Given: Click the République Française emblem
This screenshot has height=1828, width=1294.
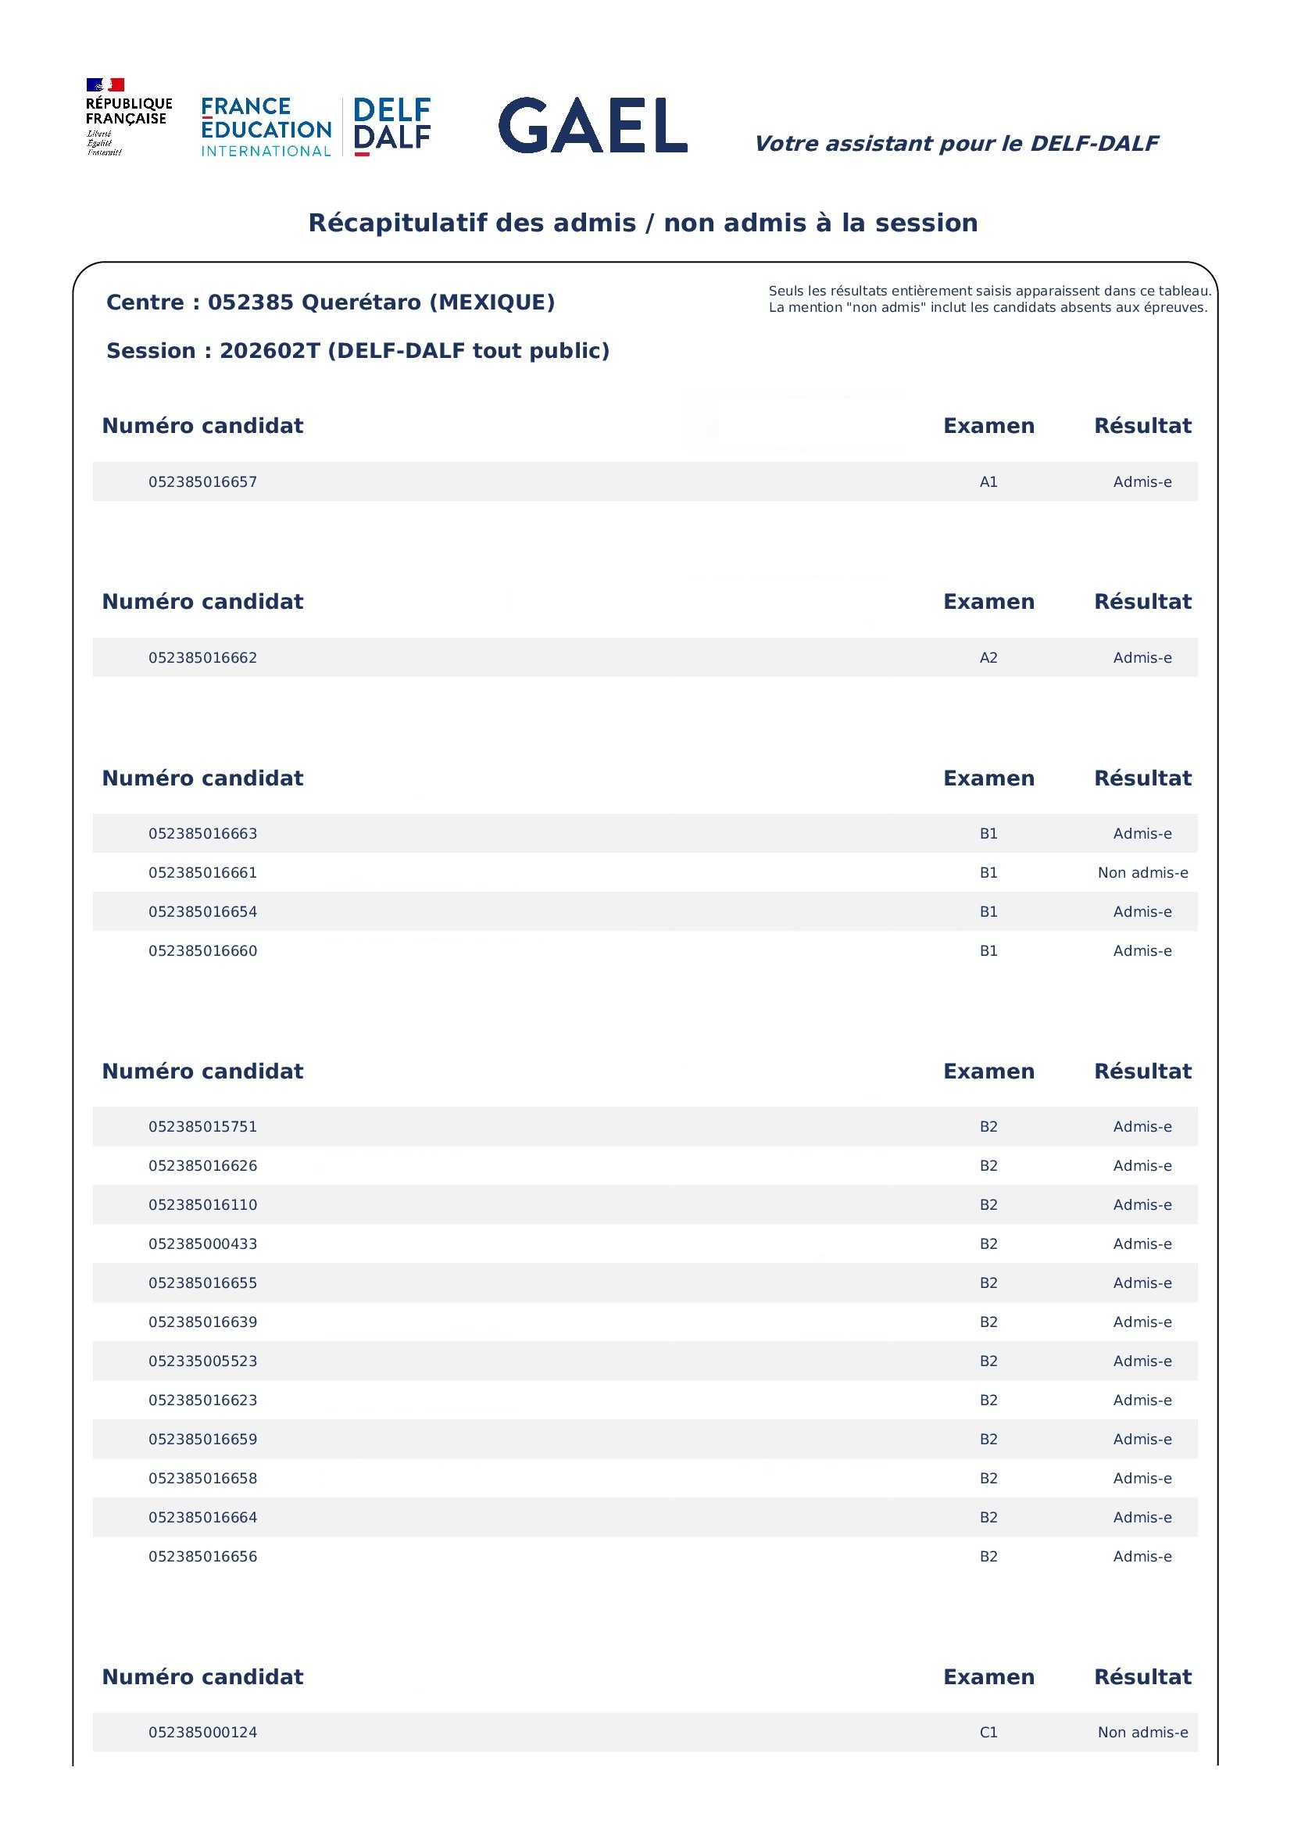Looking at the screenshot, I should pos(127,116).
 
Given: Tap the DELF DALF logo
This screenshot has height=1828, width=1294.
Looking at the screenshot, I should pos(391,125).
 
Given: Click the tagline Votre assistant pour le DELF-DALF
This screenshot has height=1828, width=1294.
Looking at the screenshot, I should pos(956,144).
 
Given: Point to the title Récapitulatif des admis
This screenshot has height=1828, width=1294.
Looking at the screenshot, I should pos(642,222).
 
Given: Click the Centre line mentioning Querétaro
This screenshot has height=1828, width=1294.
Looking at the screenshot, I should pos(330,302).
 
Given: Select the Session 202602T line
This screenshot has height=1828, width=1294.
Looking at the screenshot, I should pos(357,351).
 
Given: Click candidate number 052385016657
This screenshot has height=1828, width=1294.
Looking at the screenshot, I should pos(202,482).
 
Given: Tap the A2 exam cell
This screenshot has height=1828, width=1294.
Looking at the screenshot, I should pos(988,658).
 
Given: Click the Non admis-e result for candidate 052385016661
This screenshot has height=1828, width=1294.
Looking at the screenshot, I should pos(1142,872).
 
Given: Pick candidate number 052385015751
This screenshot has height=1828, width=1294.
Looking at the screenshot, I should pos(202,1127).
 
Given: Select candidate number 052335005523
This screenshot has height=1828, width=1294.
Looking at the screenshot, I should pos(202,1361).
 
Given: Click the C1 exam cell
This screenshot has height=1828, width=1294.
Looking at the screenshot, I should pos(988,1733).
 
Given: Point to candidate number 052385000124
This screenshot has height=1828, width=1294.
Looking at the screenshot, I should pos(202,1733).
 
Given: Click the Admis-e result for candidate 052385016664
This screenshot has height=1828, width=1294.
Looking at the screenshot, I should pos(1142,1517).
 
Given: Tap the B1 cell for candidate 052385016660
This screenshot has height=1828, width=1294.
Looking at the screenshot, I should pos(988,950).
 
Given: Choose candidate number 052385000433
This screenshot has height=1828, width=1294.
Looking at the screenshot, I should pos(202,1244).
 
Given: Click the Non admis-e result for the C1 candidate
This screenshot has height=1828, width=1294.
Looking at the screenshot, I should pos(1142,1733).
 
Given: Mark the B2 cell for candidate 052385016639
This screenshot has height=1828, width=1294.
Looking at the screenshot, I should pos(988,1322).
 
